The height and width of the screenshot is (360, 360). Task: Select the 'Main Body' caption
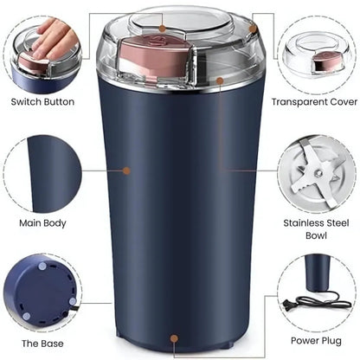click(x=42, y=222)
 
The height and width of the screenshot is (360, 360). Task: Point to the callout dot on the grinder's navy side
click(x=126, y=170)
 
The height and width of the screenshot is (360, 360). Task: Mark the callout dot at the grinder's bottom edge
click(x=176, y=340)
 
